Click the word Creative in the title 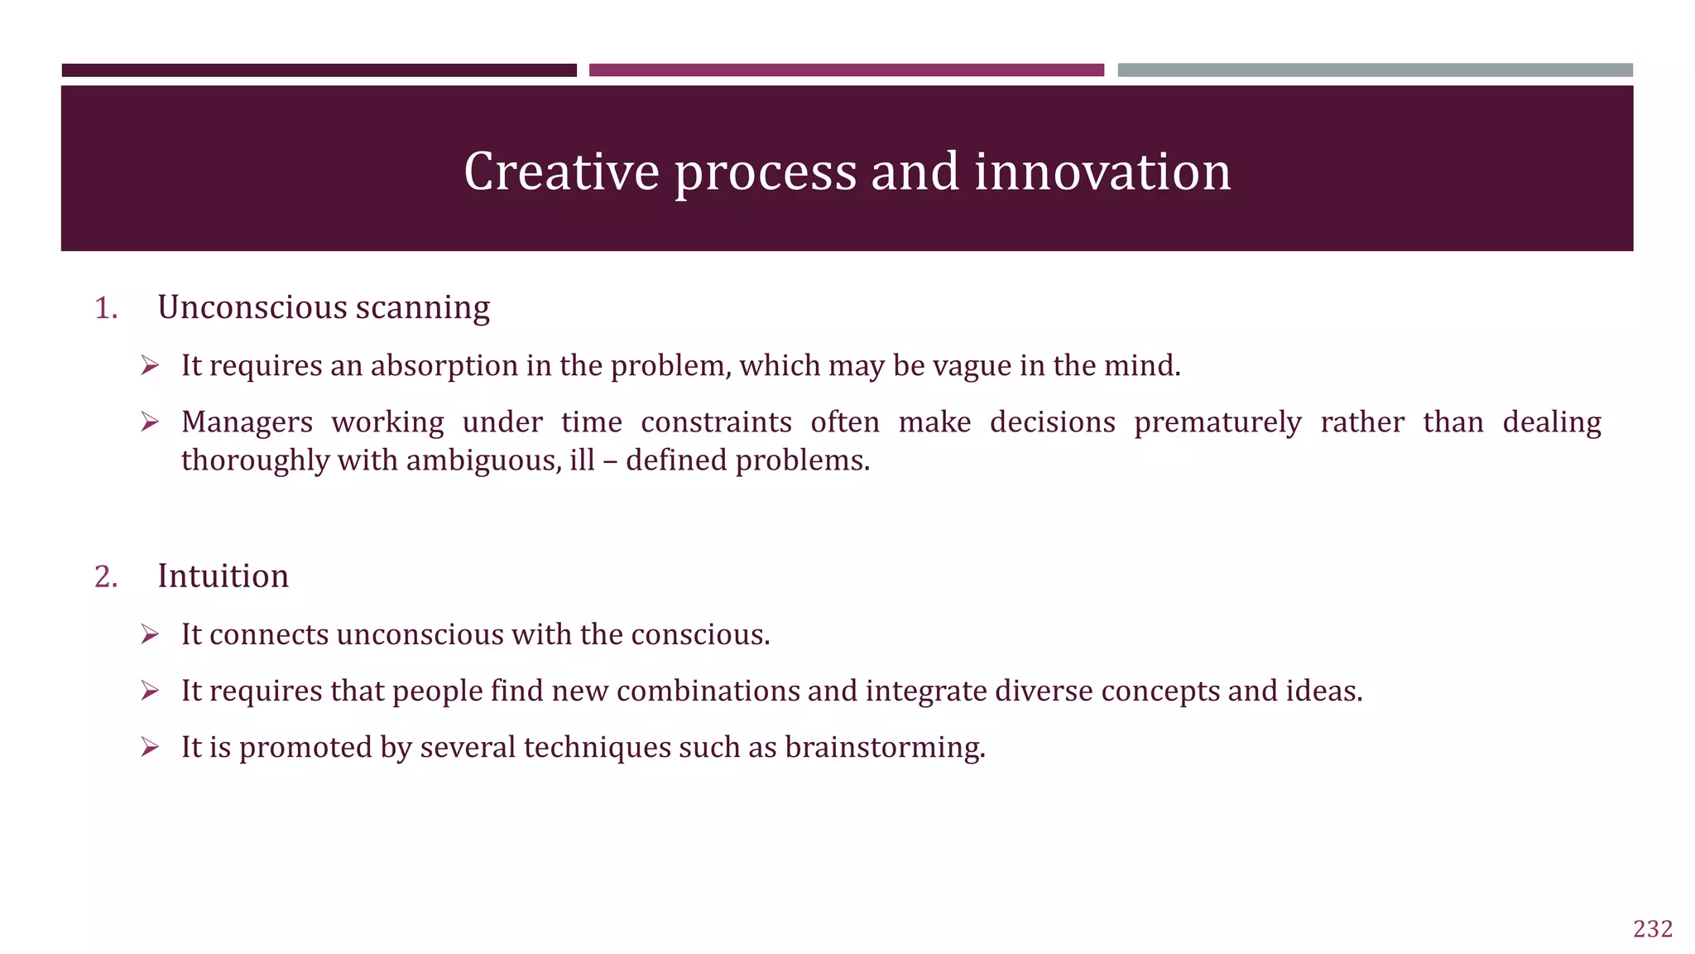pyautogui.click(x=561, y=171)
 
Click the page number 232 pyautogui.click(x=1653, y=929)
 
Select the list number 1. pyautogui.click(x=106, y=308)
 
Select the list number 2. pyautogui.click(x=106, y=576)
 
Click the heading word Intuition pyautogui.click(x=223, y=576)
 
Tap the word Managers pyautogui.click(x=247, y=422)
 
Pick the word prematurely pyautogui.click(x=1217, y=422)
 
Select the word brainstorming pyautogui.click(x=885, y=748)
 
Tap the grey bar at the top pyautogui.click(x=1375, y=70)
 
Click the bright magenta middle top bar pyautogui.click(x=846, y=70)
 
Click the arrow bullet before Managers pyautogui.click(x=150, y=422)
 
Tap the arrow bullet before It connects pyautogui.click(x=150, y=634)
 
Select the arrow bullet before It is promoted pyautogui.click(x=150, y=748)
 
